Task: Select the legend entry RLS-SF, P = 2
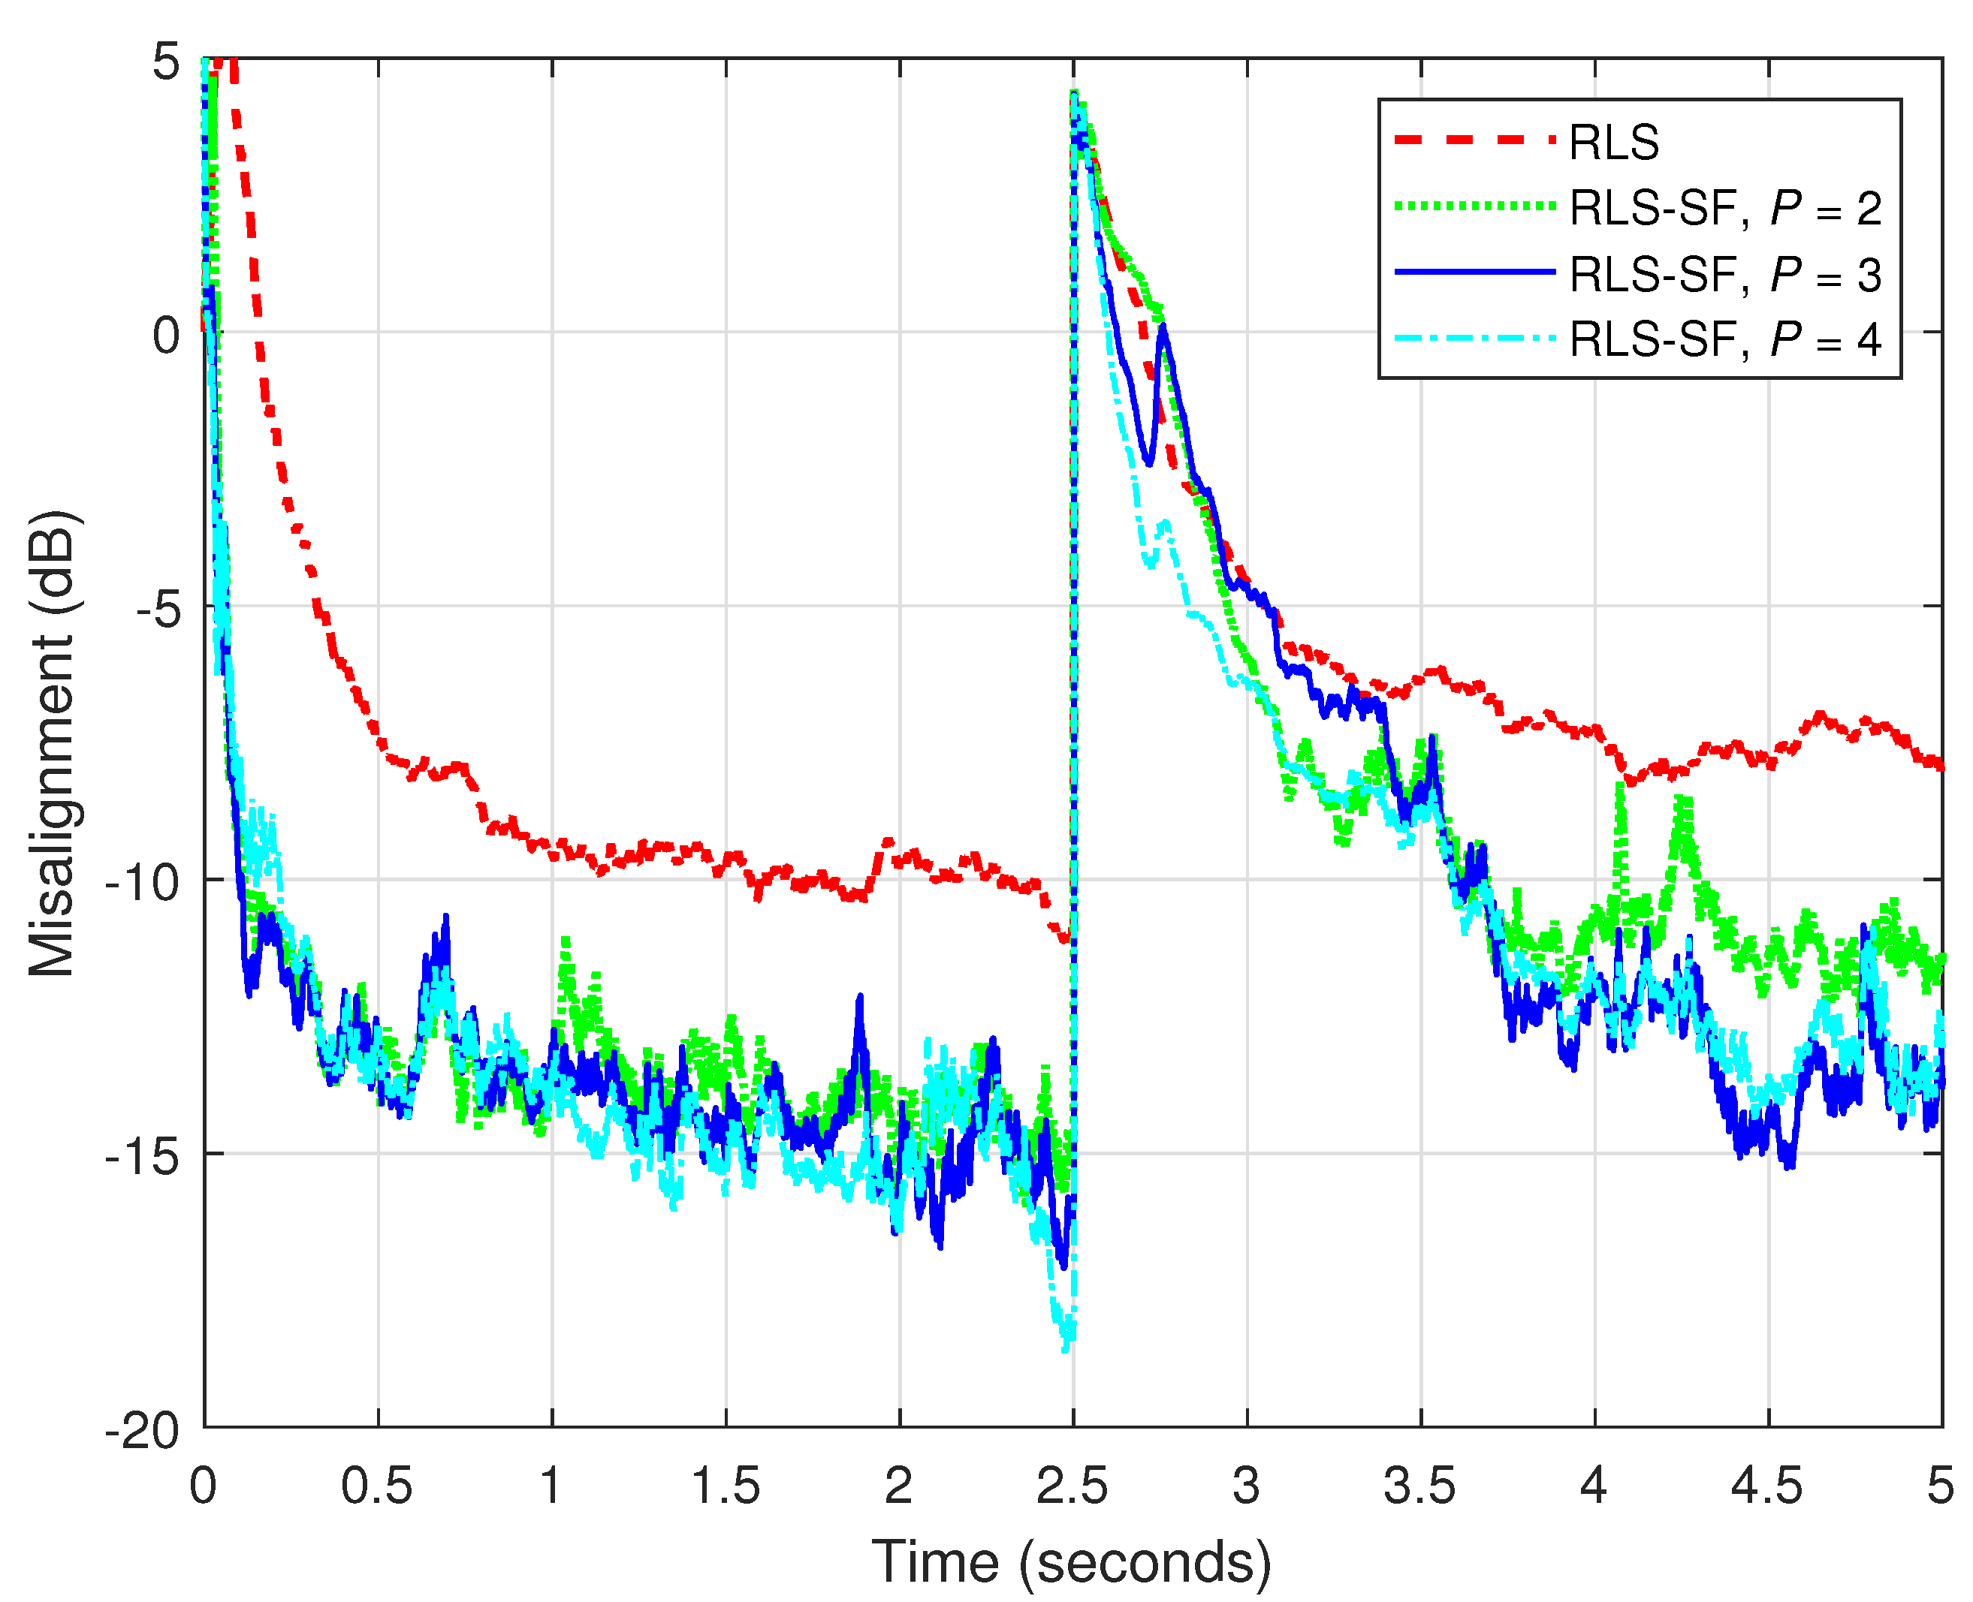point(1724,209)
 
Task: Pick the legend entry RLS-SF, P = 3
point(1724,275)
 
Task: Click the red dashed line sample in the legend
point(1474,140)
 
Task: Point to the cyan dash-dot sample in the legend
point(1474,339)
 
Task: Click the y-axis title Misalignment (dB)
point(53,744)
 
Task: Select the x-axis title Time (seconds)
point(1071,1562)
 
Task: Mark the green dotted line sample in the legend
point(1474,206)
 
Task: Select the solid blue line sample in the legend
point(1474,273)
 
